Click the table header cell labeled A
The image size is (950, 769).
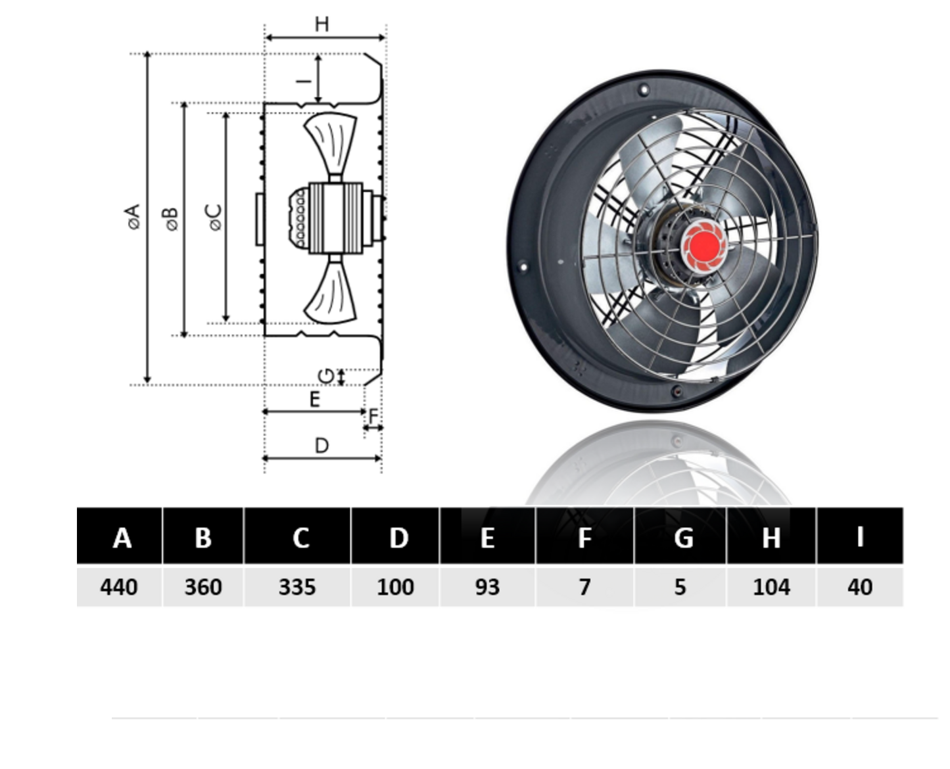[120, 535]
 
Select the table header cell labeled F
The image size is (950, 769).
[584, 535]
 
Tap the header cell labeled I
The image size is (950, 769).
[860, 535]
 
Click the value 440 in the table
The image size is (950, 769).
[118, 587]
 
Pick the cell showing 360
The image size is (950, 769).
[203, 587]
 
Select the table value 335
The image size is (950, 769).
[297, 587]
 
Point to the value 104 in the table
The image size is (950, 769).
[771, 587]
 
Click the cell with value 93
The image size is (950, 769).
[487, 587]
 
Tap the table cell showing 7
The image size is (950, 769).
[584, 587]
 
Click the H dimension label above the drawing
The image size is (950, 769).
[321, 24]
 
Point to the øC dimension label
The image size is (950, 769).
[215, 218]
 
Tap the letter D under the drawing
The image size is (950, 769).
[321, 446]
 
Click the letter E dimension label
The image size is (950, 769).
[315, 399]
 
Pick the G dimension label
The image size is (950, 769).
[326, 376]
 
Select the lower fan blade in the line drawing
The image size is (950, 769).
[331, 292]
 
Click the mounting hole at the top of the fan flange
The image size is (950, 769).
[644, 90]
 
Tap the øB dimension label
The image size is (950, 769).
[172, 219]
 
